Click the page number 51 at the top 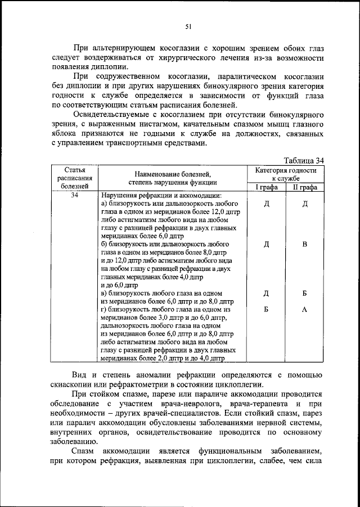(x=188, y=25)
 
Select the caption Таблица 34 (x=304, y=160)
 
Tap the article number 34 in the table (x=75, y=195)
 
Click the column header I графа (x=266, y=187)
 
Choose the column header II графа (x=304, y=187)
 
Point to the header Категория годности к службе (x=285, y=174)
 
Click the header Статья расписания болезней (x=75, y=177)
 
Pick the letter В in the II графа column (x=304, y=245)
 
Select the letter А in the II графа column (x=304, y=309)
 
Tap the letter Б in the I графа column (x=266, y=309)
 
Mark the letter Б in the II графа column (x=304, y=293)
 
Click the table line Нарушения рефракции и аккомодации (x=154, y=195)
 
